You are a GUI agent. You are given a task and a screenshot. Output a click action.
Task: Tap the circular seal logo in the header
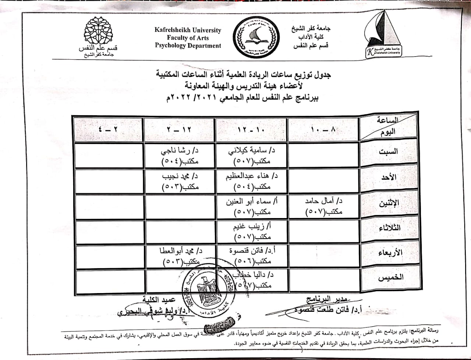coord(254,38)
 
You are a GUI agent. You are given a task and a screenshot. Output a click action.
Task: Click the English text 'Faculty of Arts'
coord(188,38)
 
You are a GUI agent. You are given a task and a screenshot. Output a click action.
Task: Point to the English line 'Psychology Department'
coord(188,46)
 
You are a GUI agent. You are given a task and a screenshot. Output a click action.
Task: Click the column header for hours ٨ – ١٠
coord(323,129)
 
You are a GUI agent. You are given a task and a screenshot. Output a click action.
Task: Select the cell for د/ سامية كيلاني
coord(252,156)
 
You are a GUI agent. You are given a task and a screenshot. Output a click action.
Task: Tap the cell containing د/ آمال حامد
coord(323,207)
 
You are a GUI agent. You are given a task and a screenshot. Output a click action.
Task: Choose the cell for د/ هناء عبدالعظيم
coord(252,181)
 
